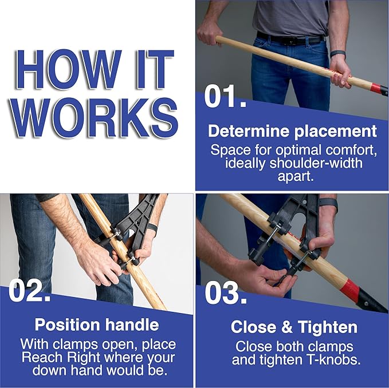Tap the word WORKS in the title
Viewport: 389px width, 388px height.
pyautogui.click(x=96, y=117)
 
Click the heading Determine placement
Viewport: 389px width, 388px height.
pyautogui.click(x=292, y=131)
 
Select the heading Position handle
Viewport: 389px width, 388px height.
pyautogui.click(x=96, y=324)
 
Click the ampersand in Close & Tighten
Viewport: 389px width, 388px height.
pyautogui.click(x=281, y=327)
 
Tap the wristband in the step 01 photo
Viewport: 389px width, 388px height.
pyautogui.click(x=338, y=54)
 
